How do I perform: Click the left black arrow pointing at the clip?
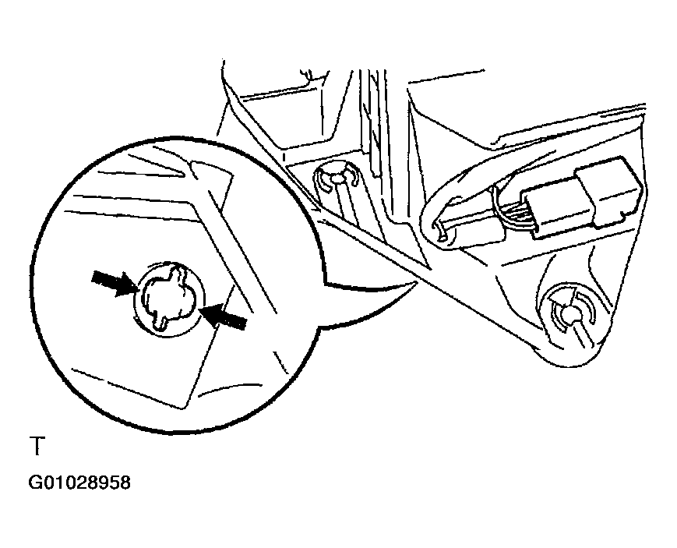[x=115, y=283]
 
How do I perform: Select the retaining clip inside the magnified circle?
[x=169, y=299]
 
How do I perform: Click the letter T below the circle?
[x=37, y=446]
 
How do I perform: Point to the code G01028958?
[x=79, y=483]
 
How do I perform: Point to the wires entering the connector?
[x=511, y=207]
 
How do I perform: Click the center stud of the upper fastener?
[x=337, y=178]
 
